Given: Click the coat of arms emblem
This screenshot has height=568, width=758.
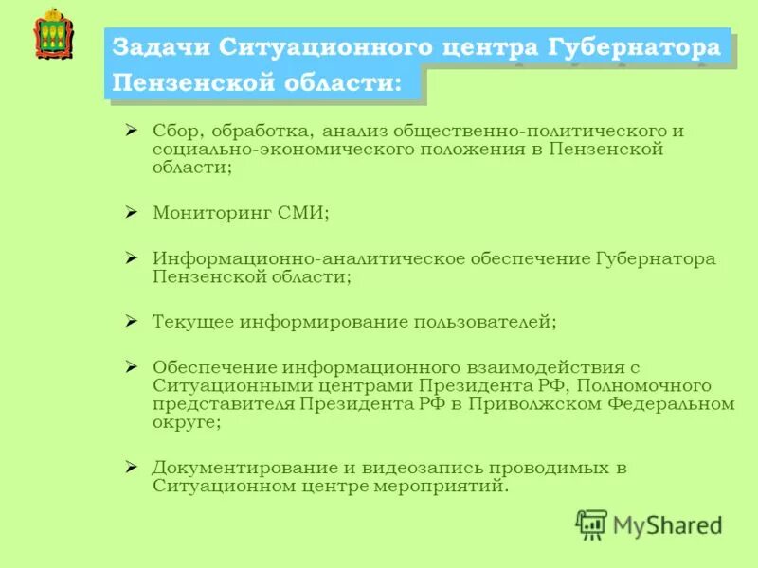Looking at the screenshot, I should (x=53, y=35).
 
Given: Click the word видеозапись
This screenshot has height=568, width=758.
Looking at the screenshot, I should (x=413, y=468).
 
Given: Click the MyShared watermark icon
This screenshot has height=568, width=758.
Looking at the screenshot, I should (x=591, y=524).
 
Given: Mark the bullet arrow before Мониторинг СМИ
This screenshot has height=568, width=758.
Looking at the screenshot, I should (x=133, y=212).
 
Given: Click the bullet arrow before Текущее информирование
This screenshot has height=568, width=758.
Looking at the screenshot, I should (x=133, y=321).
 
